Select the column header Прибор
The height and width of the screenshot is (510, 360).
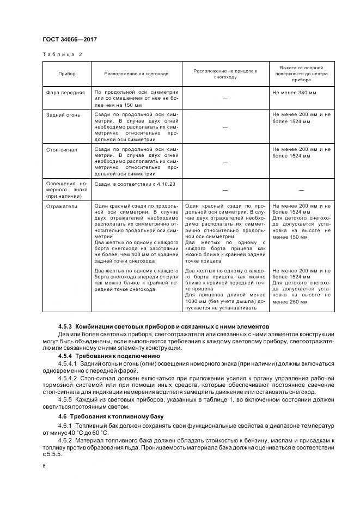[x=66, y=74]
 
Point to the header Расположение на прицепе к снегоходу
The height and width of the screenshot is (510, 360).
[x=225, y=74]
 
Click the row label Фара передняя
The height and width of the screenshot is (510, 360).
[x=65, y=93]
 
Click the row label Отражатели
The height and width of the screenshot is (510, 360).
[x=62, y=207]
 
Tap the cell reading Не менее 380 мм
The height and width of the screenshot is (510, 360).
[x=294, y=93]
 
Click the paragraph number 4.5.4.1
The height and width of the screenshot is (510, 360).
[x=68, y=363]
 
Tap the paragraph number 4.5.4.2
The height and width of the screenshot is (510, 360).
[x=68, y=377]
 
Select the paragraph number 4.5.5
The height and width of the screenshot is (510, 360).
[x=66, y=399]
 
